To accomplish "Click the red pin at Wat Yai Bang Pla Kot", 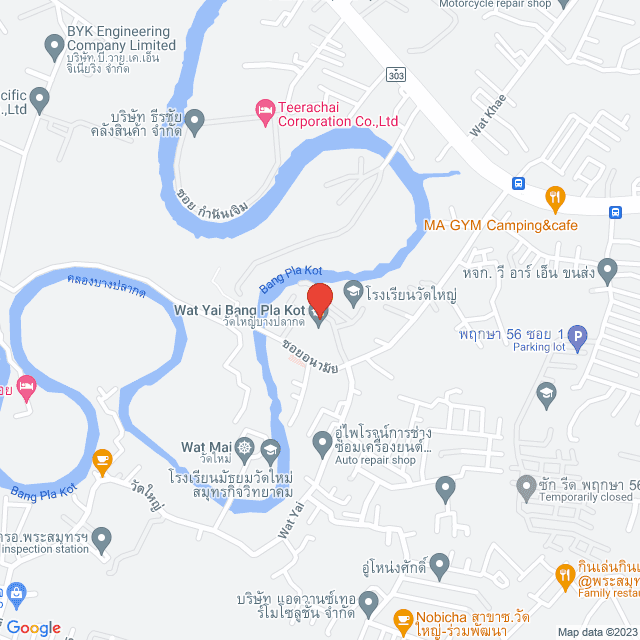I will coord(318,300).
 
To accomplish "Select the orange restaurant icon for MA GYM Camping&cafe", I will coord(556,198).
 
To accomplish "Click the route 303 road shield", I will coord(398,75).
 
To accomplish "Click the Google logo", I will coord(34,627).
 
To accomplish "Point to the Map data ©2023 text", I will coord(596,632).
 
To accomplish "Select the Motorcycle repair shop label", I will coord(495,4).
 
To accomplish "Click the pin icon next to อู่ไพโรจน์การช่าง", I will coord(322,441).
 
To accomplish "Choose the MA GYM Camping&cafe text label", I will coord(501,225).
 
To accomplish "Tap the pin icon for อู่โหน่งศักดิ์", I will coord(439,568).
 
